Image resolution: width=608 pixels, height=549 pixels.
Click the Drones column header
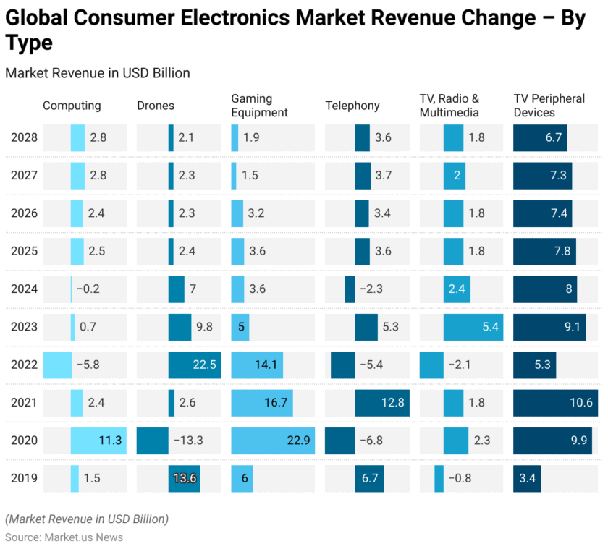click(x=156, y=106)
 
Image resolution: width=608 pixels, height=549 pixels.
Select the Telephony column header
click(x=352, y=106)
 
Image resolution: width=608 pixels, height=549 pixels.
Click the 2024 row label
click(x=24, y=289)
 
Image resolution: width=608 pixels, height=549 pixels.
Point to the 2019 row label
click(x=24, y=478)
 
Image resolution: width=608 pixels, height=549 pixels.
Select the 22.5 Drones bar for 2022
click(x=194, y=365)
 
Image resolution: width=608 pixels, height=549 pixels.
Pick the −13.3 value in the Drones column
click(x=188, y=441)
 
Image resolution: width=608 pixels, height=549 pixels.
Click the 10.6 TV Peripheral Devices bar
click(x=555, y=403)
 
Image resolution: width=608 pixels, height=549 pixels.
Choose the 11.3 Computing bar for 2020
click(x=98, y=441)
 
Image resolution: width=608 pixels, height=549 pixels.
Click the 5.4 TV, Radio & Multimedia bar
click(x=473, y=327)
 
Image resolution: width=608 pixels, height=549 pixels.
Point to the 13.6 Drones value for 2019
click(x=185, y=478)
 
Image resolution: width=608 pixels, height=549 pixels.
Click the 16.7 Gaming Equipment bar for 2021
click(x=262, y=403)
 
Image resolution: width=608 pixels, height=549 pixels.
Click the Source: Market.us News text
click(x=64, y=537)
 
